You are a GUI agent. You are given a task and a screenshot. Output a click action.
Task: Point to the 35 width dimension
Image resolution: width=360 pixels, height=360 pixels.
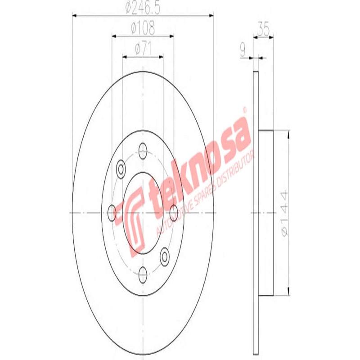point(264,30)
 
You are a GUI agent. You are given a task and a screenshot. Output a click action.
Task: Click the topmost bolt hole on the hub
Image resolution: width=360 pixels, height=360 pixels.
point(143,149)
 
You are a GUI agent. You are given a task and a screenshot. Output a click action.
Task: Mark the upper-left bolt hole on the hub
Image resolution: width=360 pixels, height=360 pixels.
point(121,169)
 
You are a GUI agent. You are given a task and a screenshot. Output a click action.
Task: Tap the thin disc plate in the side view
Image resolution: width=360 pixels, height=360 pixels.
point(256,211)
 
